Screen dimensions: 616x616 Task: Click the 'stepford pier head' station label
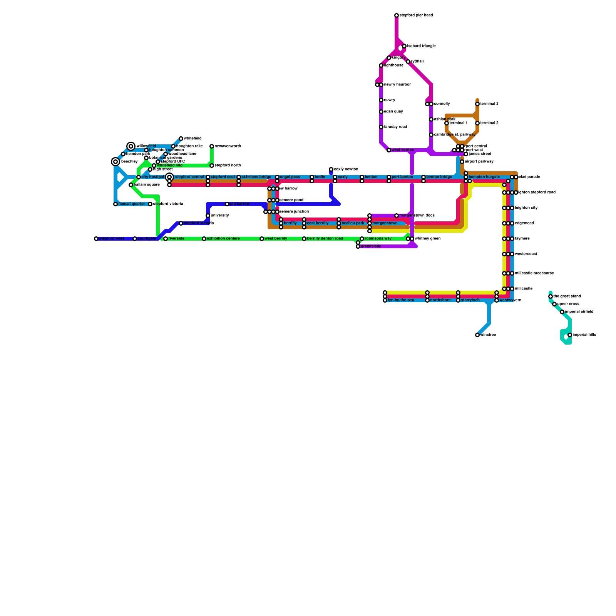[416, 15]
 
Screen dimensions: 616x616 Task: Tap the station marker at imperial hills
[570, 335]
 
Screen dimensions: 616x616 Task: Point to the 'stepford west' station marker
[96, 239]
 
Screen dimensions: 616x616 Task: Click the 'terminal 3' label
[489, 104]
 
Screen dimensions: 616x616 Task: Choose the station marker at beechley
[115, 162]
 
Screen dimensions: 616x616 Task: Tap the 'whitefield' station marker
[181, 139]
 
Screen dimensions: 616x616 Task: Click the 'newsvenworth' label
[228, 146]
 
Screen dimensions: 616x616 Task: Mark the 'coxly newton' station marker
[331, 169]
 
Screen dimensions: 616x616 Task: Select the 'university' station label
[220, 216]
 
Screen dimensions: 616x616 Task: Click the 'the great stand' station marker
[551, 296]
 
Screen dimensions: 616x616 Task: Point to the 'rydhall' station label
[417, 62]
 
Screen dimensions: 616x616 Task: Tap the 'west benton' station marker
[389, 150]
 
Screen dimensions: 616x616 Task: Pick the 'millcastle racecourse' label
[534, 273]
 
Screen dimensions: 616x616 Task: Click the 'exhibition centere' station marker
[204, 239]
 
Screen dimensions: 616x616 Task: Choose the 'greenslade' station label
[371, 246]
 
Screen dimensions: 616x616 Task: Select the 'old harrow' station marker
[227, 204]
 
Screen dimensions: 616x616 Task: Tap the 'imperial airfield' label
[579, 312]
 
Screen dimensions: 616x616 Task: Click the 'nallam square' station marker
[131, 185]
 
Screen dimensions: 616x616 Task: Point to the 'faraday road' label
[395, 127]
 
